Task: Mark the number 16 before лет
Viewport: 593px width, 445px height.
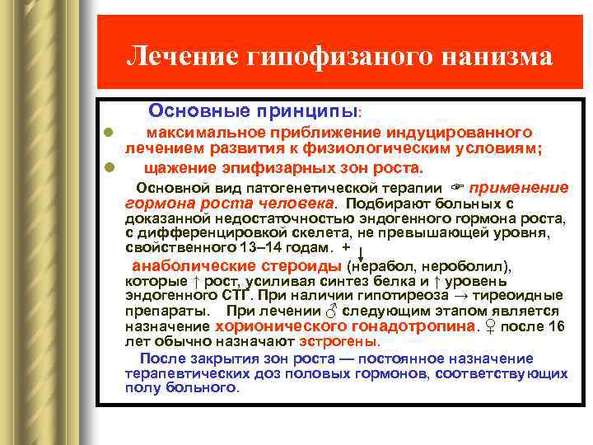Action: point(557,326)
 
